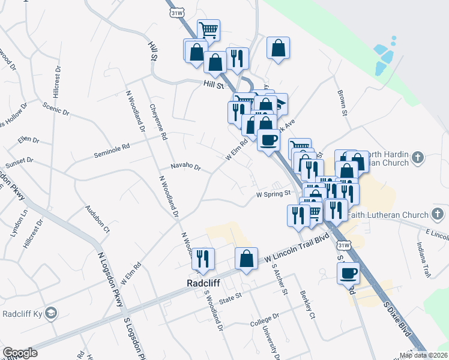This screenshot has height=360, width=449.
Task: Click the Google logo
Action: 20,353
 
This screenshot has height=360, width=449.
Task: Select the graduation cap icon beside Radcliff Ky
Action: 53,313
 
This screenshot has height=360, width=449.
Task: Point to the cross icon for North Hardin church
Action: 418,158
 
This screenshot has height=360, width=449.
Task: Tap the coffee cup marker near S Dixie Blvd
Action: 348,274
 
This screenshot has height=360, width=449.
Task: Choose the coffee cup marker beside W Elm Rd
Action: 268,140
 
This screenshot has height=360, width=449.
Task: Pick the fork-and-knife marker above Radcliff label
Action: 203,258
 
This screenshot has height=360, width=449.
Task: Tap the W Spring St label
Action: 273,194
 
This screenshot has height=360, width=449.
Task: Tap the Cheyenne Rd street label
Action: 158,122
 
